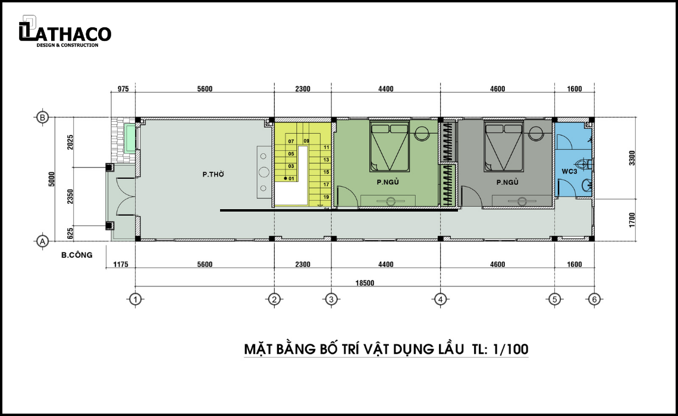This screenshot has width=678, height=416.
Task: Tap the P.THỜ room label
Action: [213, 174]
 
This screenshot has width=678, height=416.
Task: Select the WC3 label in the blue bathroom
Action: [569, 172]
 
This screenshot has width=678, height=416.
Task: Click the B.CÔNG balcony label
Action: [77, 255]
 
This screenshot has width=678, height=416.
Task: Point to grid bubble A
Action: [42, 241]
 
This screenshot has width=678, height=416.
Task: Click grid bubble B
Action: [42, 117]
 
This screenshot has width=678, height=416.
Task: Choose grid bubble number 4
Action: [440, 299]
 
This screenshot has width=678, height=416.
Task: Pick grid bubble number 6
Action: [594, 299]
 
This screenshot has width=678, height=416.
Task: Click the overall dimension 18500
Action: [365, 283]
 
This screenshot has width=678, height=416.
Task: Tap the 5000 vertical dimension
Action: [52, 179]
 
